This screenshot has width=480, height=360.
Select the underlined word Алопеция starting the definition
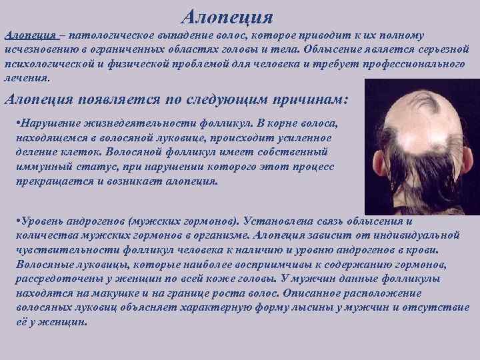pos(27,35)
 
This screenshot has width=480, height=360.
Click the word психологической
pos(45,63)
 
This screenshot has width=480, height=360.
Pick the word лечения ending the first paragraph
pos(26,77)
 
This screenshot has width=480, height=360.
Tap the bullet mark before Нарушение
pos(17,125)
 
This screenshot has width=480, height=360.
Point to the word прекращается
pos(51,181)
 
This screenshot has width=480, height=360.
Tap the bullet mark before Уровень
pos(17,221)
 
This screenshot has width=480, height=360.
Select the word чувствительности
pos(55,249)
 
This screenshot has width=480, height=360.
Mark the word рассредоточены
pos(45,277)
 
